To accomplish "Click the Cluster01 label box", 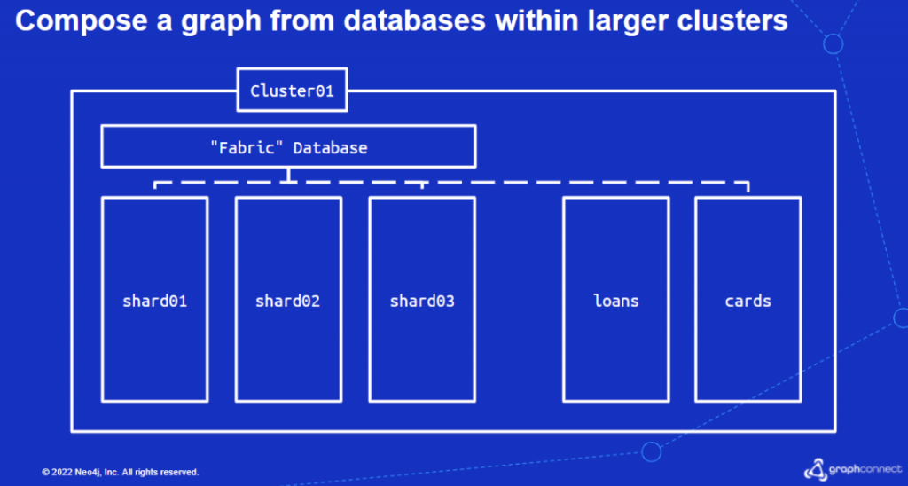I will pyautogui.click(x=292, y=90).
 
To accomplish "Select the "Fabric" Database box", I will pyautogui.click(x=288, y=146).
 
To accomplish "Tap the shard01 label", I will pyautogui.click(x=154, y=301).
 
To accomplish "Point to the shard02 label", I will pyautogui.click(x=287, y=301).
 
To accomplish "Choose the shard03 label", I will pyautogui.click(x=422, y=301).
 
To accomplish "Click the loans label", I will pyautogui.click(x=616, y=301).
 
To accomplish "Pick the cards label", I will pyautogui.click(x=748, y=301).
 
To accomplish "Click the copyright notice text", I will pyautogui.click(x=120, y=472).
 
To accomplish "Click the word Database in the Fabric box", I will pyautogui.click(x=330, y=147).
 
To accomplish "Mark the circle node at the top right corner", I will pyautogui.click(x=833, y=43).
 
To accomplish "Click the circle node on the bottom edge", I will pyautogui.click(x=652, y=452).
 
